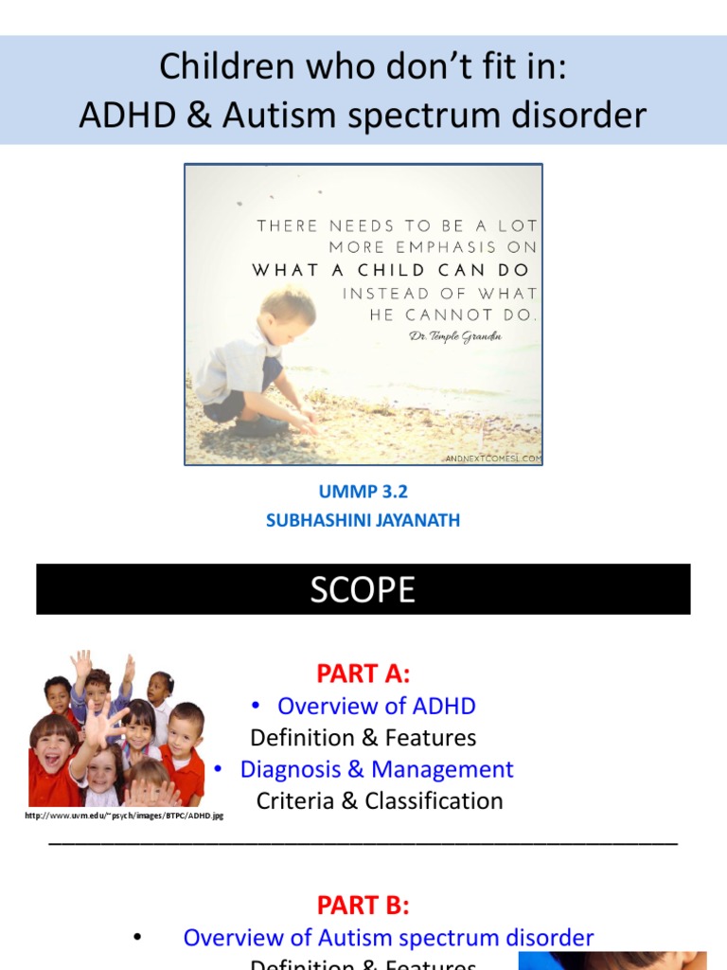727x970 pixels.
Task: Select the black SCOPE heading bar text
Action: pos(363,589)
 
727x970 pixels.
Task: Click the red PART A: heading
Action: pos(363,674)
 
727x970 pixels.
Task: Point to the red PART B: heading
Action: pos(363,905)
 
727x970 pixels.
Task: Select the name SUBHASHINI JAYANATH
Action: pos(363,520)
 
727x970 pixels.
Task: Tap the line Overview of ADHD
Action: pos(376,706)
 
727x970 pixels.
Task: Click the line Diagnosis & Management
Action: pos(376,768)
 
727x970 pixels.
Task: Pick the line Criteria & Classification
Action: pos(380,800)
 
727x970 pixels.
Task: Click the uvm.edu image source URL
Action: pos(124,815)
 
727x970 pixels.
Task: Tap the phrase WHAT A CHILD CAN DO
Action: pos(391,270)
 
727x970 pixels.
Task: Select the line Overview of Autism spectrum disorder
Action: pos(388,938)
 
